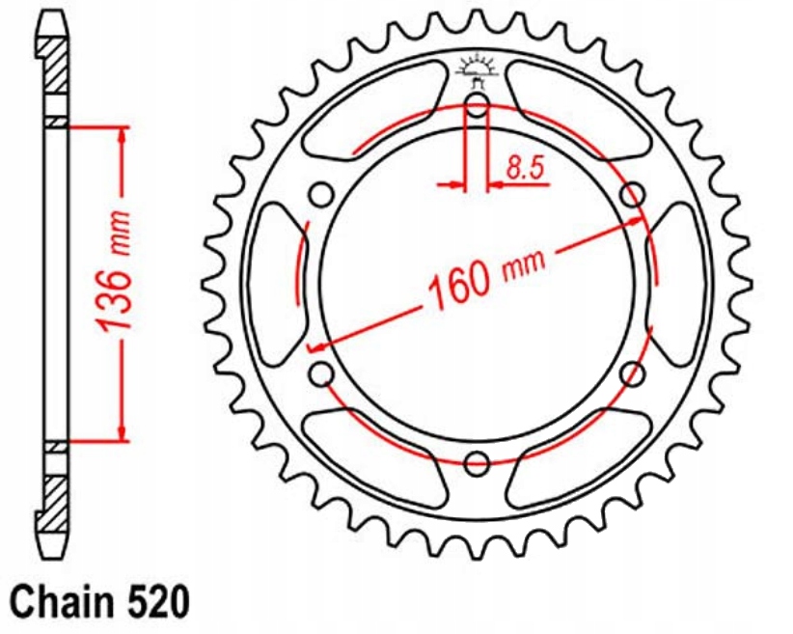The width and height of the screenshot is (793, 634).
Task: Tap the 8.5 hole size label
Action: pyautogui.click(x=525, y=170)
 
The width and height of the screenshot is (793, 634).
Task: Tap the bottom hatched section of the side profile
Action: pyautogui.click(x=56, y=498)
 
